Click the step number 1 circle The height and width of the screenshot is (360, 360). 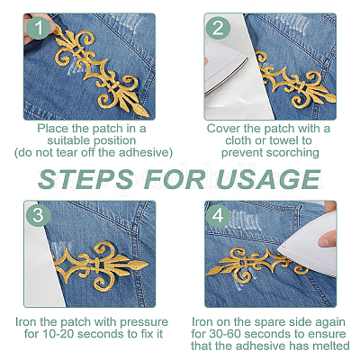(38, 28)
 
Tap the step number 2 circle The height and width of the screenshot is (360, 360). (218, 28)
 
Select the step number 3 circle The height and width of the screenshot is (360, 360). (38, 215)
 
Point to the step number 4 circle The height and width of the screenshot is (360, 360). (218, 215)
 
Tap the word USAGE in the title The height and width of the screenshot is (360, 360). (268, 179)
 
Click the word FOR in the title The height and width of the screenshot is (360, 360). (175, 179)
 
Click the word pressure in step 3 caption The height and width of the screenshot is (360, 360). (144, 322)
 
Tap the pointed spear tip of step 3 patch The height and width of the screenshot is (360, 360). (148, 265)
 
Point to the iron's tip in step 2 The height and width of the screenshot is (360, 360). (247, 59)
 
